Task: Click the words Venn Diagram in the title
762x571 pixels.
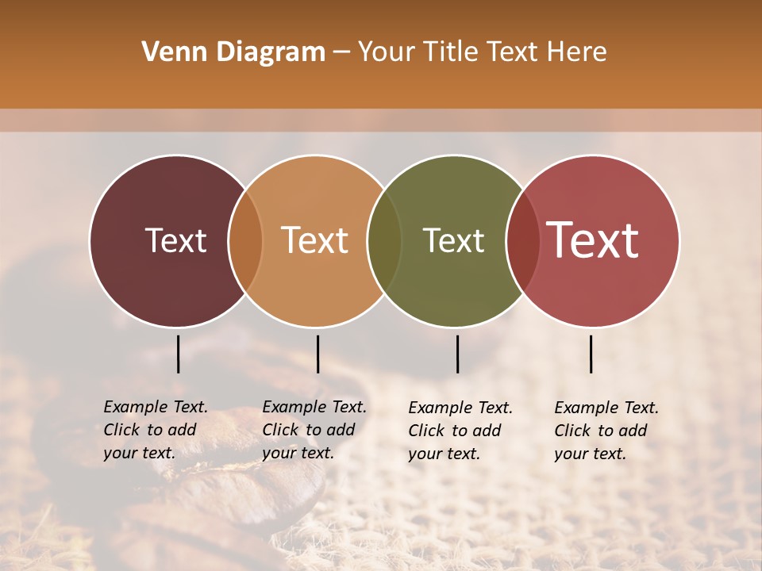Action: pyautogui.click(x=233, y=52)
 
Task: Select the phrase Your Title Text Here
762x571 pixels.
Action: pyautogui.click(x=482, y=52)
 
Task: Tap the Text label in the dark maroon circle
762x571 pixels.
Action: pyautogui.click(x=175, y=240)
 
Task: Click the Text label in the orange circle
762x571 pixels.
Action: pyautogui.click(x=315, y=240)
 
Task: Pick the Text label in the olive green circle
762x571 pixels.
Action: pyautogui.click(x=454, y=240)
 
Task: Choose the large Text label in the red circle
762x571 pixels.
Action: pyautogui.click(x=593, y=240)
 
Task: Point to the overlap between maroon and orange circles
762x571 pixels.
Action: pyautogui.click(x=245, y=240)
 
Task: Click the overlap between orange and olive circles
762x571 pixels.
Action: pyautogui.click(x=384, y=240)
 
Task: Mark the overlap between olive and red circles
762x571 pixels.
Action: pyautogui.click(x=521, y=240)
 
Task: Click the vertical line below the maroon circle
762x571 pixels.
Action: pyautogui.click(x=179, y=354)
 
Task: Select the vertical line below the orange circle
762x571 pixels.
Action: pyautogui.click(x=317, y=354)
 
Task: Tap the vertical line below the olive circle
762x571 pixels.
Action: pyautogui.click(x=457, y=354)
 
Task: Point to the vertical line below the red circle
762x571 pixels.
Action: pyautogui.click(x=591, y=354)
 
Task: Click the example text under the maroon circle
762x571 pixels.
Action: pyautogui.click(x=155, y=430)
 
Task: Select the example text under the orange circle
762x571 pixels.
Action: pyautogui.click(x=314, y=430)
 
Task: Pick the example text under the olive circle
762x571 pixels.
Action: pyautogui.click(x=460, y=431)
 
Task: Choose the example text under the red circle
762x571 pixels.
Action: pyautogui.click(x=606, y=431)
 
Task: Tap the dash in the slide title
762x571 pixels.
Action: pyautogui.click(x=341, y=53)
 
